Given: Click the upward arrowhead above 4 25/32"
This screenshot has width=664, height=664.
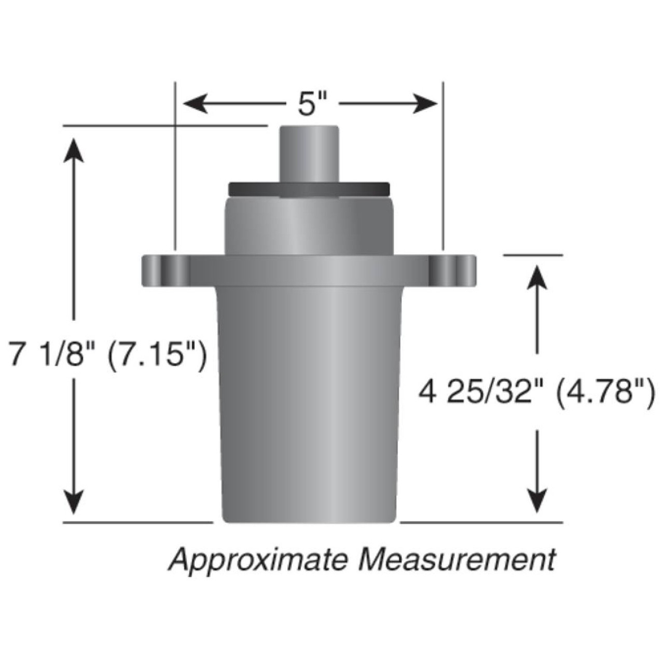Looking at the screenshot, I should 537,275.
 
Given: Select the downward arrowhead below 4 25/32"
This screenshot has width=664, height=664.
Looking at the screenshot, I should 537,501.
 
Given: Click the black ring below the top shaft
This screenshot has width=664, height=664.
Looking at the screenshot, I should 309,189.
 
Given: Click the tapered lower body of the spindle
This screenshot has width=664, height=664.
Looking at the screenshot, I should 309,399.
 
